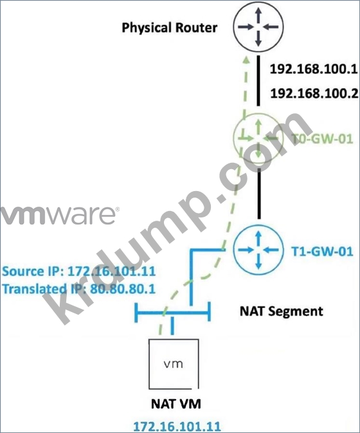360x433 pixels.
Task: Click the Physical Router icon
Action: click(258, 27)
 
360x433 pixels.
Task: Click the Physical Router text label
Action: click(169, 28)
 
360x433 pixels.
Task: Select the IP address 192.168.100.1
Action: click(314, 69)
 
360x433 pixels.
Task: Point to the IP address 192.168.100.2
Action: click(314, 93)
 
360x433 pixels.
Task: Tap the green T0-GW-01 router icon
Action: click(258, 138)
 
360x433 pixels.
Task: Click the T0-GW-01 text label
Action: click(322, 138)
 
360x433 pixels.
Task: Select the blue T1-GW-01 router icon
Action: click(258, 250)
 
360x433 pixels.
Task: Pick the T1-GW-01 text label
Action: click(322, 252)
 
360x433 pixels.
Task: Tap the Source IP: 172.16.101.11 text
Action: click(79, 272)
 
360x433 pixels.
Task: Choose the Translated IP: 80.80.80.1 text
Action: click(79, 289)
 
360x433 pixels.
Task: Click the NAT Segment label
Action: click(282, 311)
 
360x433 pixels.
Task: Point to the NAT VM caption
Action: click(176, 404)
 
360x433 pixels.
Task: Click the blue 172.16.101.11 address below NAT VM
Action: click(177, 426)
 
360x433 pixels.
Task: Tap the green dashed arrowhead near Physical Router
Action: click(246, 60)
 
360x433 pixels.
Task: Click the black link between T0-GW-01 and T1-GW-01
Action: click(259, 194)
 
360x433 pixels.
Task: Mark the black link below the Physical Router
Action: click(258, 80)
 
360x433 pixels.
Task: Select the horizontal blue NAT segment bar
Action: click(173, 313)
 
